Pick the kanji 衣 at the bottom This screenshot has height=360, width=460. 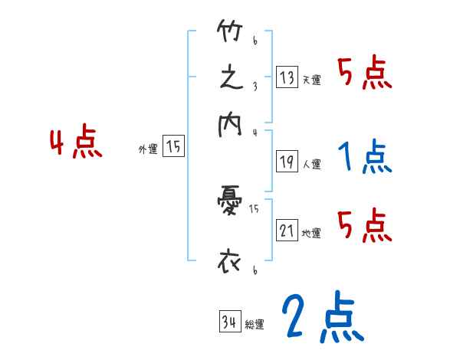coord(230,261)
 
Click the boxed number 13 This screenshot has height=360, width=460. coord(287,77)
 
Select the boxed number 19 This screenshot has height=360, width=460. coord(287,161)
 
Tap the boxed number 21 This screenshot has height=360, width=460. coord(287,231)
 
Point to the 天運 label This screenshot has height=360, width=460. coord(311,80)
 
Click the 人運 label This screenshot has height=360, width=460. coord(311,163)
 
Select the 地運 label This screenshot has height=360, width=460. coord(311,233)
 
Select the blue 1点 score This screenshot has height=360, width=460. coord(363,156)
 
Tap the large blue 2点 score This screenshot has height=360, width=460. coord(321,318)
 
